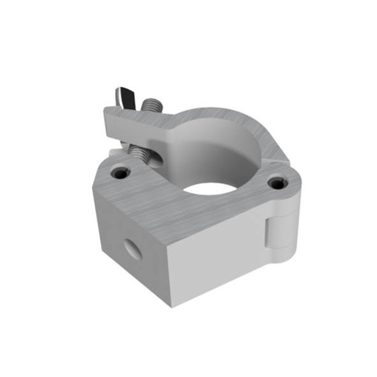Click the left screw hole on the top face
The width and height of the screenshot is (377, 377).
[x=120, y=175]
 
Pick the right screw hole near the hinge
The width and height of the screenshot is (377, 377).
[x=275, y=182]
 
